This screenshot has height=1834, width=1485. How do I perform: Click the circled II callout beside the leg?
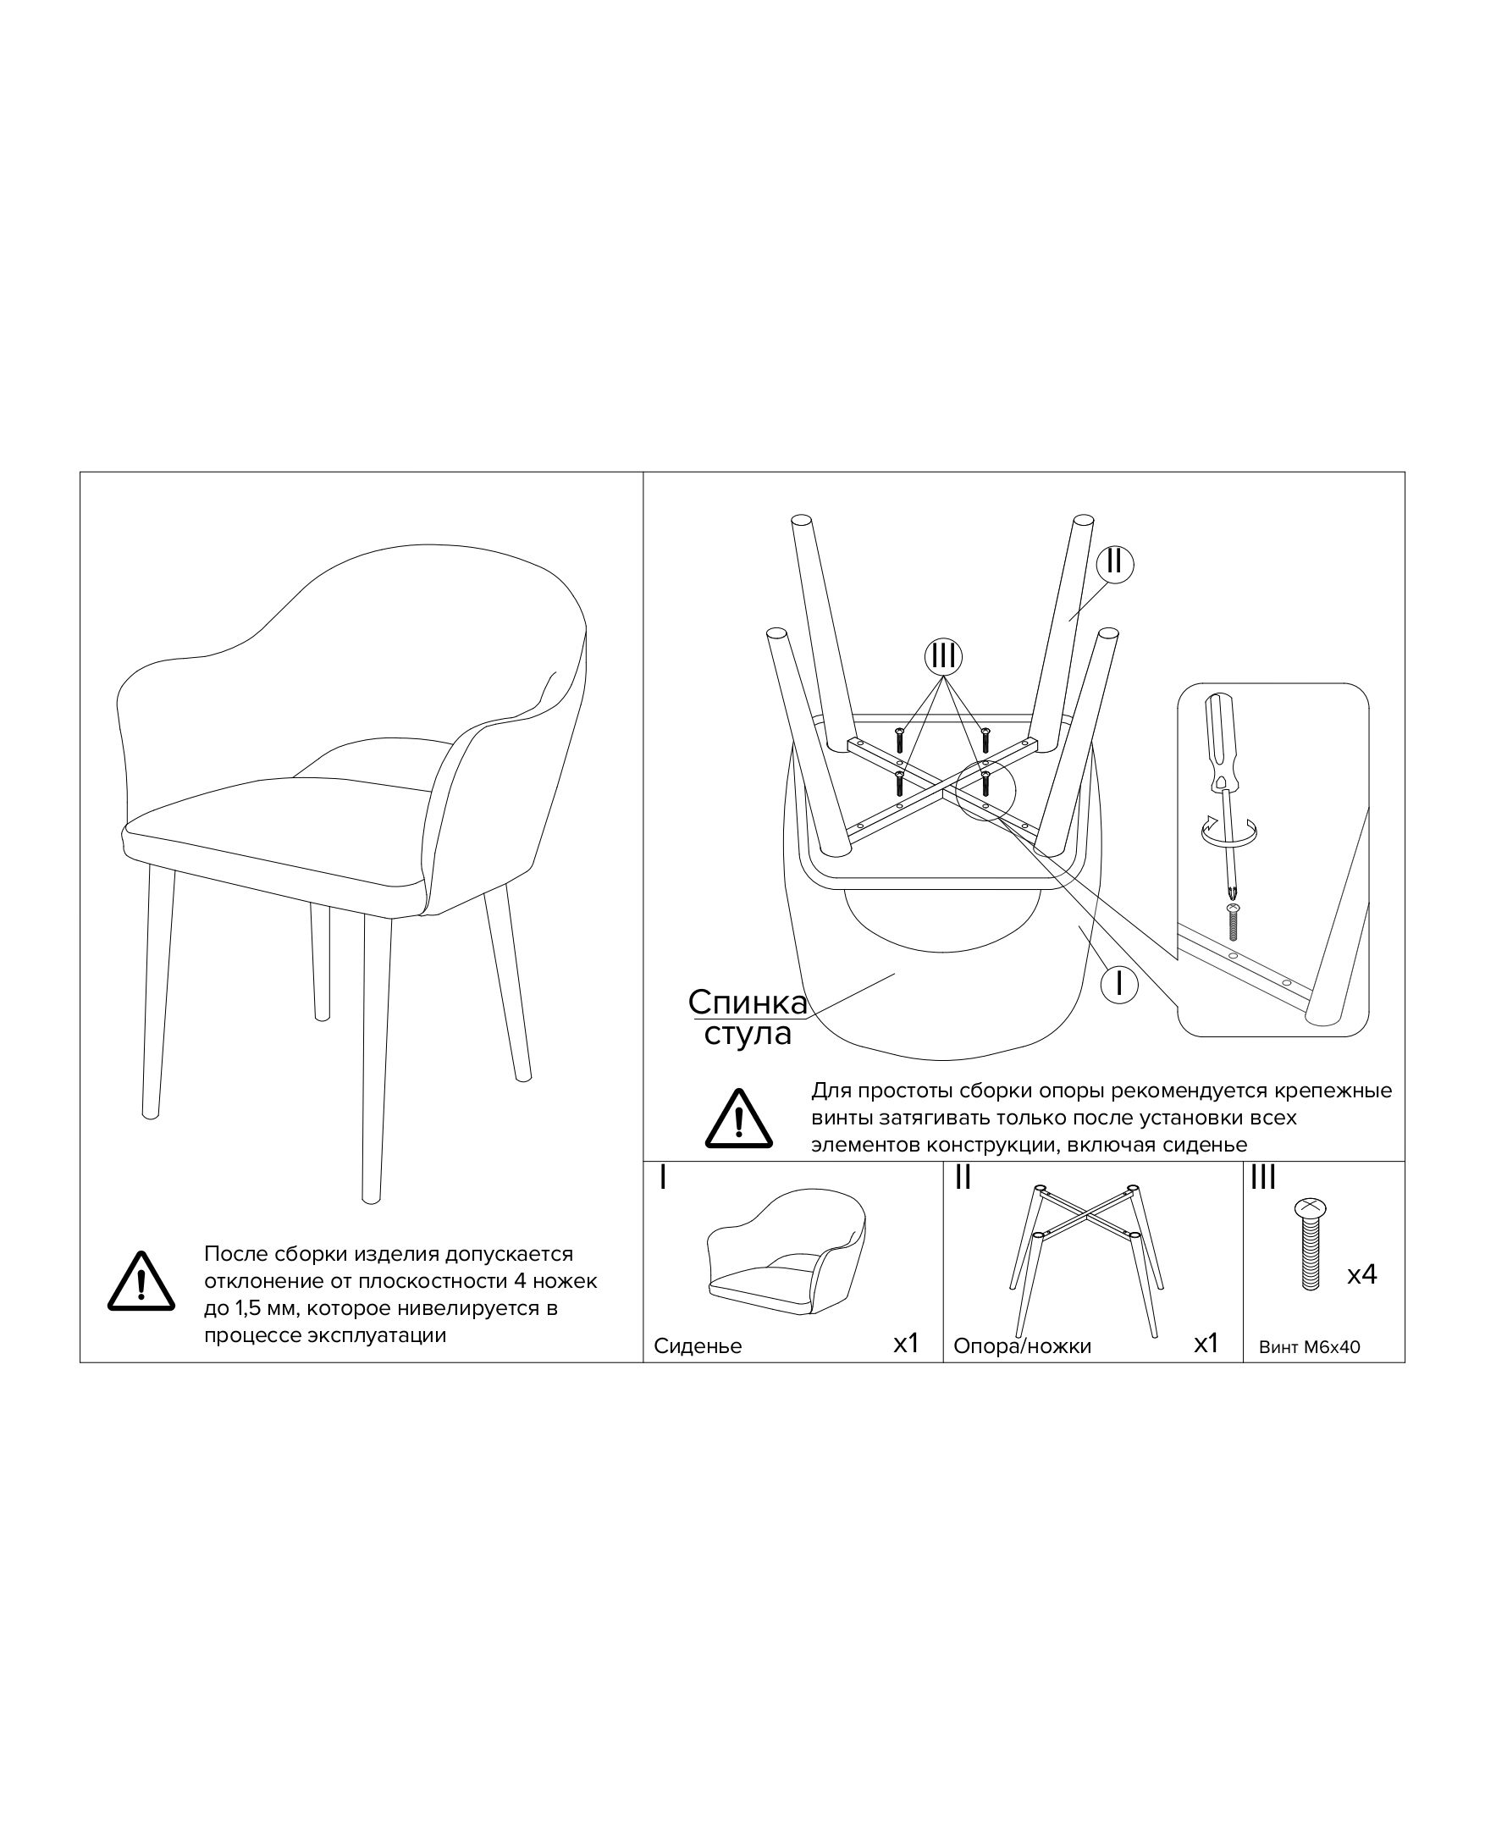point(1114,564)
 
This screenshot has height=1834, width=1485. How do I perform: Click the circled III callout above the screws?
point(942,656)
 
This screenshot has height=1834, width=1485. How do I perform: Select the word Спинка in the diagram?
point(748,1003)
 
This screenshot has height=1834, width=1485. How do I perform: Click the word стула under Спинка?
point(748,1034)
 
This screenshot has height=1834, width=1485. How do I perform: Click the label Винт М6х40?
point(1309,1347)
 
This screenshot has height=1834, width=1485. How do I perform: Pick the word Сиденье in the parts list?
point(698,1346)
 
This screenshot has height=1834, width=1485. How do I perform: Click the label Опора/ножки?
point(1022,1346)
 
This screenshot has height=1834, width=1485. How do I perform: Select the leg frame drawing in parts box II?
point(1086,1262)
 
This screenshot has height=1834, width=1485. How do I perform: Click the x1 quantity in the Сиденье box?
point(905,1344)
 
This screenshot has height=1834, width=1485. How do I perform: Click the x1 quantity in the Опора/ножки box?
point(1206,1344)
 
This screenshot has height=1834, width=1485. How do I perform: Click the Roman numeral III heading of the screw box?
point(1262,1179)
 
